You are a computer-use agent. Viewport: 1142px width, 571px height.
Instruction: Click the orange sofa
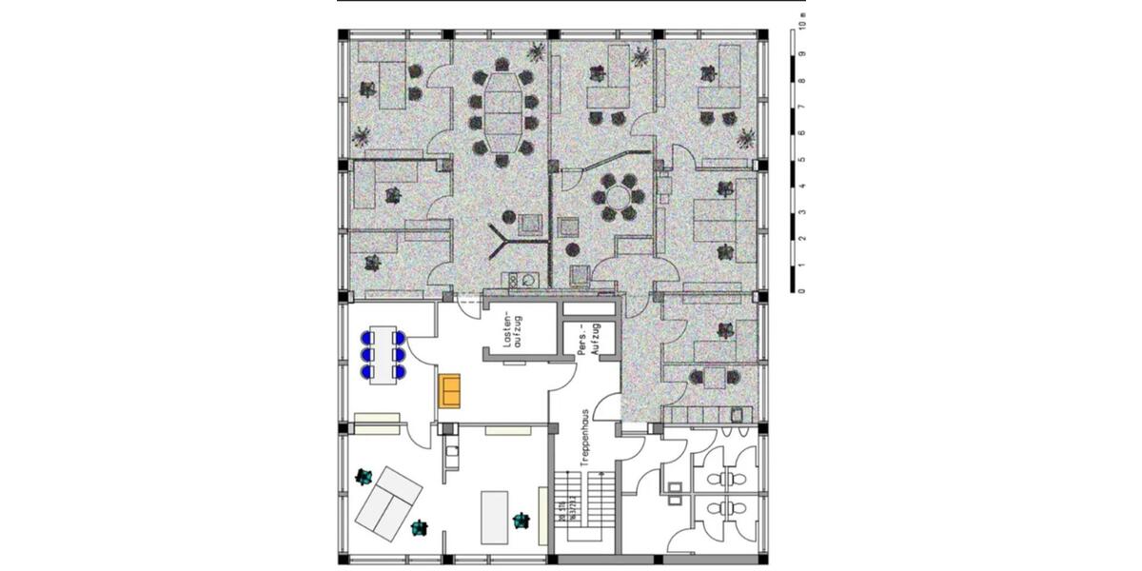pos(449,391)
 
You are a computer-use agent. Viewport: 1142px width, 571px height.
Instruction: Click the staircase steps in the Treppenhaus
pos(587,504)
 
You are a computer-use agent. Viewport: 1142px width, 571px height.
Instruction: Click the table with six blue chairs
pos(383,355)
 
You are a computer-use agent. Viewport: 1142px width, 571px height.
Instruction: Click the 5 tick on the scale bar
pos(803,160)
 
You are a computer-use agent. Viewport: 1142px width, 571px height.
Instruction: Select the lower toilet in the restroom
pos(728,508)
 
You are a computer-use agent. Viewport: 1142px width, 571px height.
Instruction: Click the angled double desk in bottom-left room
pos(389,502)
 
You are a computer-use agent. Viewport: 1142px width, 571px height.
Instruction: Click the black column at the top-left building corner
pos(344,35)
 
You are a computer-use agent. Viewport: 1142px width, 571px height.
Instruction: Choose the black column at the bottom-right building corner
pos(763,559)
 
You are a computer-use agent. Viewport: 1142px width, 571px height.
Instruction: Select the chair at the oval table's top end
pos(502,65)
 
